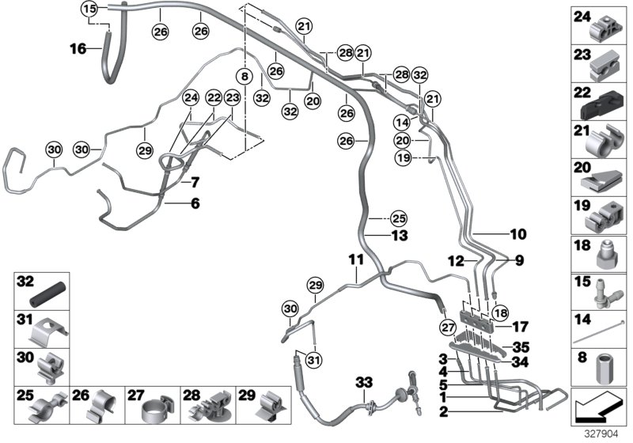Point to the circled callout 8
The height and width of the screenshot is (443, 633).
point(244,77)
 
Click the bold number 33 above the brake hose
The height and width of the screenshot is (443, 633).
point(363,383)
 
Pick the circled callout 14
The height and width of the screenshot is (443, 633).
point(401,123)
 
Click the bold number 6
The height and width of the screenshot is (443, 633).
point(195,203)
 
